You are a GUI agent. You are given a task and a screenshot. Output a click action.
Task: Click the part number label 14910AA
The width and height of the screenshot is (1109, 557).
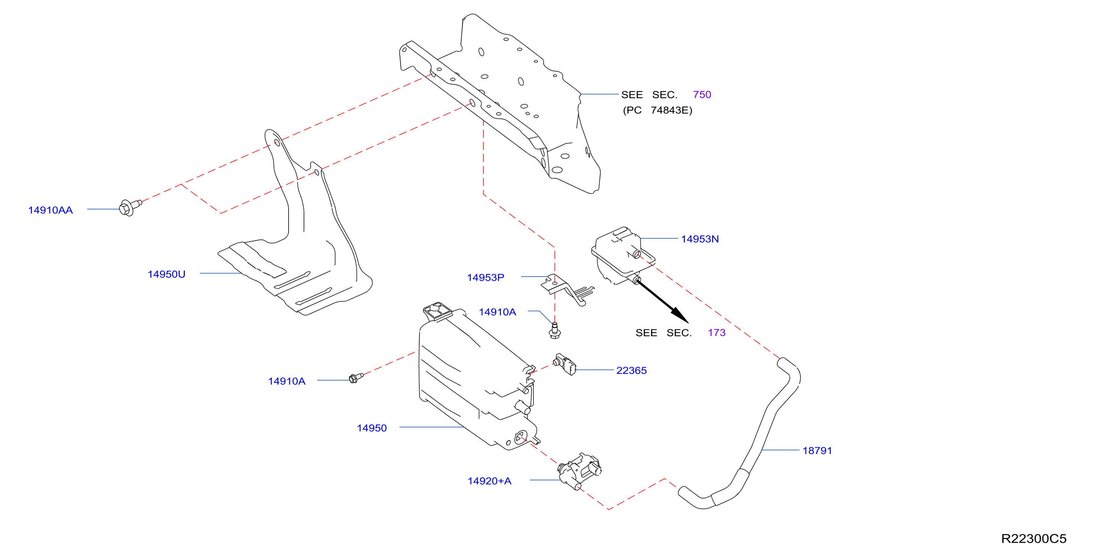pyautogui.click(x=50, y=210)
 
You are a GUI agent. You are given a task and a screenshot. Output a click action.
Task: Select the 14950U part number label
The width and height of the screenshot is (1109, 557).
pyautogui.click(x=166, y=274)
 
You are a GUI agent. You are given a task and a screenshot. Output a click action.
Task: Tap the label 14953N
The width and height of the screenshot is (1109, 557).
pyautogui.click(x=700, y=239)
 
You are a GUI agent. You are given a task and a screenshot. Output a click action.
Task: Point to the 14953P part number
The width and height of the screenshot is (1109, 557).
pyautogui.click(x=485, y=277)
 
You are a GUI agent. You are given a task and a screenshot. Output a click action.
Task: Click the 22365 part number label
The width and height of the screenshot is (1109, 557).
pyautogui.click(x=631, y=370)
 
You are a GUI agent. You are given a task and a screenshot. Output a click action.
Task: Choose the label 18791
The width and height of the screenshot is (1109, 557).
pyautogui.click(x=817, y=450)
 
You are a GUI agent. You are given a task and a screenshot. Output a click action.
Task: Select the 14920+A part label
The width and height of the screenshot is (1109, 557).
pyautogui.click(x=490, y=481)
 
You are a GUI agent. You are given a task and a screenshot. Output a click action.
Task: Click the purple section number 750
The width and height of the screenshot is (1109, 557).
pyautogui.click(x=702, y=95)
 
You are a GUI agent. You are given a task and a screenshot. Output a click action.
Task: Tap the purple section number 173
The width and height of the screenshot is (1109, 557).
pyautogui.click(x=716, y=333)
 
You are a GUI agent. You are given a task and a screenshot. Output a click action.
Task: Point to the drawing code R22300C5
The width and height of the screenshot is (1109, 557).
pyautogui.click(x=1033, y=539)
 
